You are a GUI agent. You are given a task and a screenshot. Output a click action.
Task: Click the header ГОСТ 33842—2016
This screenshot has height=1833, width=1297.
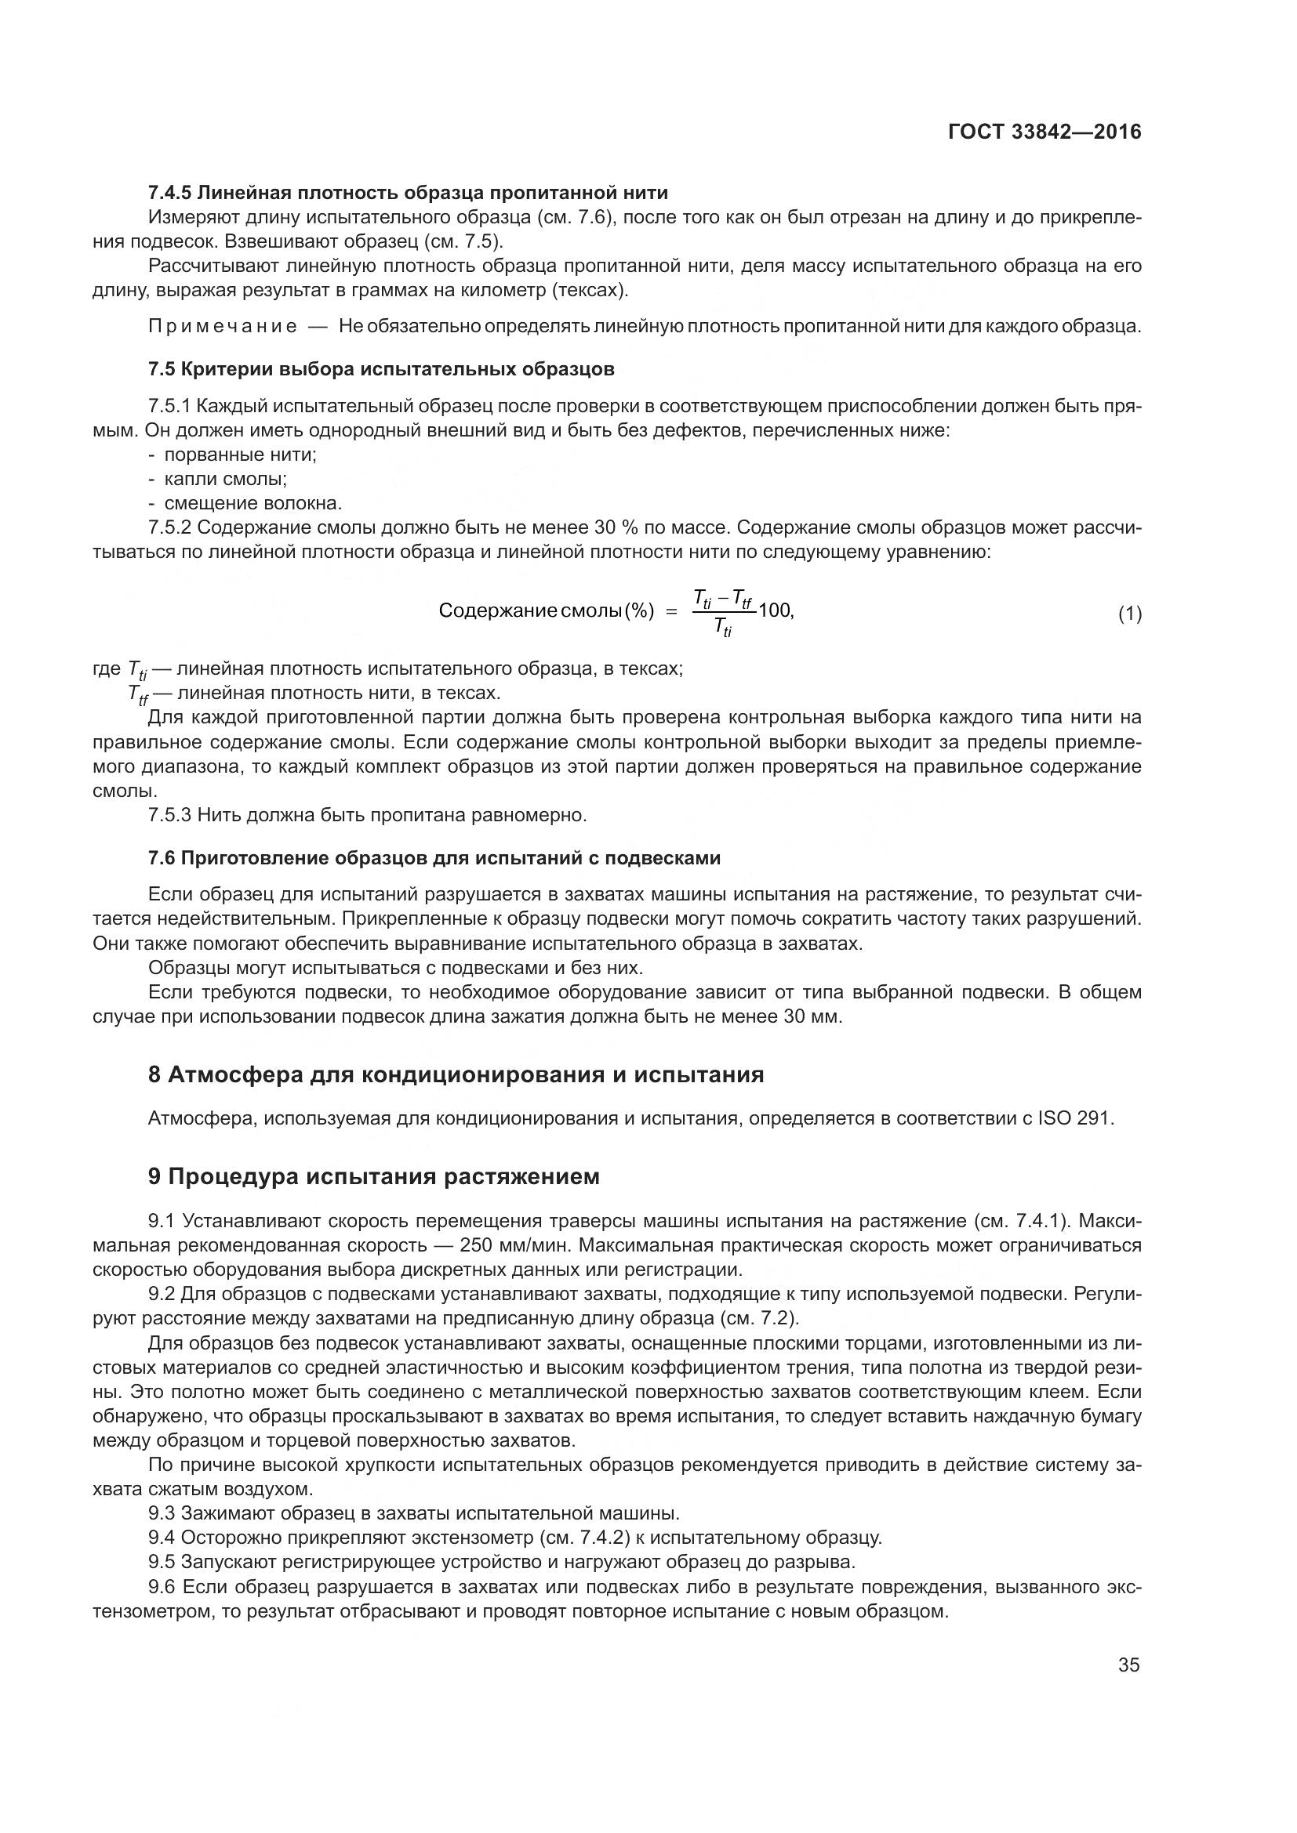pyautogui.click(x=1045, y=132)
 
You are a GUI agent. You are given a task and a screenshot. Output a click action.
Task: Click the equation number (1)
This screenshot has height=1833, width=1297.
pyautogui.click(x=1129, y=614)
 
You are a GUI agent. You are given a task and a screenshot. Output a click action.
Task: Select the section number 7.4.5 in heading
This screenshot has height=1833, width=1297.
pyautogui.click(x=170, y=193)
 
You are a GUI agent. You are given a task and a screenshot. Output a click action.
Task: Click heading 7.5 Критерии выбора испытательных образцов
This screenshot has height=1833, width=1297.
pyautogui.click(x=382, y=369)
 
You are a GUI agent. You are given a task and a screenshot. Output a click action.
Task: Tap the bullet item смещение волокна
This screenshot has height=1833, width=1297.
pyautogui.click(x=253, y=503)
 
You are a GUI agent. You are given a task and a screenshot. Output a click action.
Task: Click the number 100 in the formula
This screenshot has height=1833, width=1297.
pyautogui.click(x=775, y=610)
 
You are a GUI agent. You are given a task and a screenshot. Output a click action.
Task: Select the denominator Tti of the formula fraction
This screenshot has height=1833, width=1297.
pyautogui.click(x=724, y=628)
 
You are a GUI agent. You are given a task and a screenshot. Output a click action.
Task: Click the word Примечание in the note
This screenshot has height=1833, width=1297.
pyautogui.click(x=223, y=326)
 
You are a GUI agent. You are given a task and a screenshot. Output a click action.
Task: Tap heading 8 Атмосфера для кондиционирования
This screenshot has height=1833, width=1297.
pyautogui.click(x=456, y=1074)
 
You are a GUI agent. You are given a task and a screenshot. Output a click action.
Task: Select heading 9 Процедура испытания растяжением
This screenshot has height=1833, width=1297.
pyautogui.click(x=374, y=1177)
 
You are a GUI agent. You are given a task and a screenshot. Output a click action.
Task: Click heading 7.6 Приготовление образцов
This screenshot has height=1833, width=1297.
pyautogui.click(x=434, y=858)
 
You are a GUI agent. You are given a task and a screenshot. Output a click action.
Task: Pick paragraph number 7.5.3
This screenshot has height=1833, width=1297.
pyautogui.click(x=170, y=815)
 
